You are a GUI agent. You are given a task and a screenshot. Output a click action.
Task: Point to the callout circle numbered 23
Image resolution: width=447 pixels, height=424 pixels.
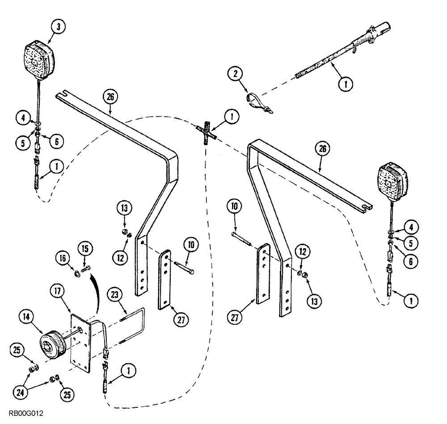(115, 295)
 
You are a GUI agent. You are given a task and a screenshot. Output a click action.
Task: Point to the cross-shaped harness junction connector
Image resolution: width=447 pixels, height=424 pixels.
(206, 132)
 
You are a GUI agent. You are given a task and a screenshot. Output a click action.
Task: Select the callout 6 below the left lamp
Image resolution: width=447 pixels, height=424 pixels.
(56, 141)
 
